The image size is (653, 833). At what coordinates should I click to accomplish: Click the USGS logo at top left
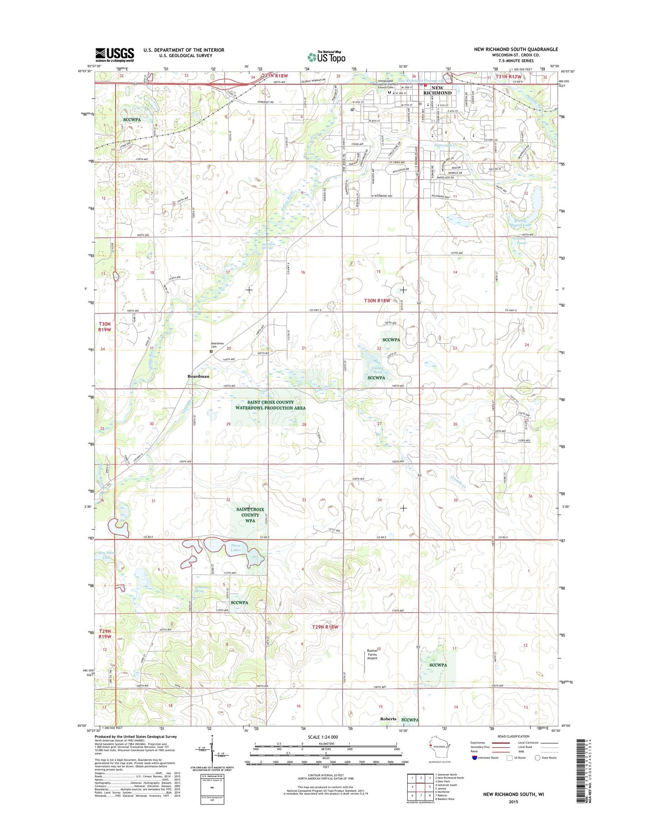(x=114, y=55)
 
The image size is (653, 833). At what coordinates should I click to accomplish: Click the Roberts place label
(x=388, y=719)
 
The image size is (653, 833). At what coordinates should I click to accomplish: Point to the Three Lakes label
(x=235, y=548)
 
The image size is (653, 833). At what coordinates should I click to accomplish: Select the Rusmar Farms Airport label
(x=372, y=654)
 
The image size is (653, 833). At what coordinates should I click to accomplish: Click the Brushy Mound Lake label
(x=520, y=222)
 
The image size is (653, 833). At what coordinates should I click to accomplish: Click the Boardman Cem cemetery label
(x=217, y=345)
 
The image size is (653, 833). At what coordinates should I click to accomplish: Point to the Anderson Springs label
(x=268, y=246)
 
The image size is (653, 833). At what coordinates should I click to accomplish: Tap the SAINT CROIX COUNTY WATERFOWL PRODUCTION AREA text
(x=270, y=405)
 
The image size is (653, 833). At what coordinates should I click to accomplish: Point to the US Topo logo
(x=326, y=57)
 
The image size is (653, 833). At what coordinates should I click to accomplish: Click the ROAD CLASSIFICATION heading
(x=514, y=737)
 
